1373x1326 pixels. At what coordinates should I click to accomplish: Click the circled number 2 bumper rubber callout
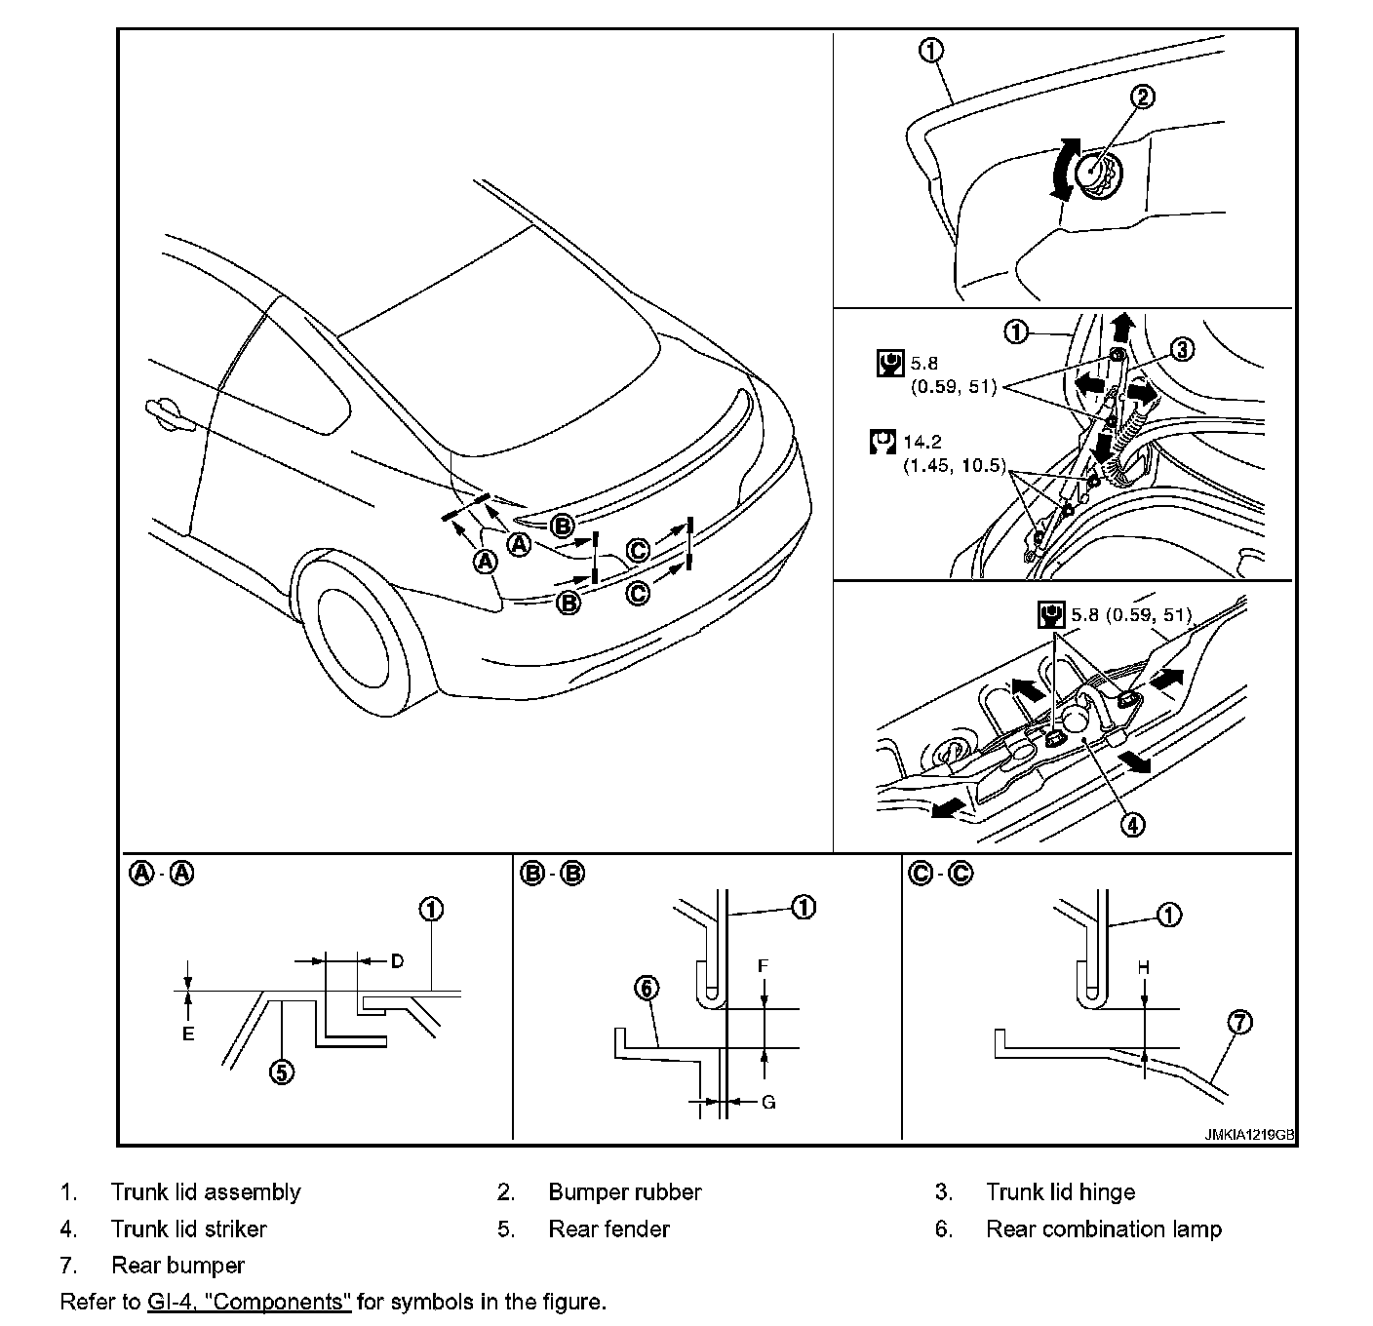point(1143,96)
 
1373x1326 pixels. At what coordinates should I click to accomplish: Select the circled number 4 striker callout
point(1131,824)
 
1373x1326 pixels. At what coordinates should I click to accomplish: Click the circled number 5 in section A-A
point(281,1072)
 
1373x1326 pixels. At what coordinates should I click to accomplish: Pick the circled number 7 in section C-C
point(1239,1023)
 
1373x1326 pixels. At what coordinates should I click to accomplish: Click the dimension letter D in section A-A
point(397,961)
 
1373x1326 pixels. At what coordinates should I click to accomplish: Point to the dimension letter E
point(188,1033)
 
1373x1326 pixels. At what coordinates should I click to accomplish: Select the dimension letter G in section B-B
point(768,1102)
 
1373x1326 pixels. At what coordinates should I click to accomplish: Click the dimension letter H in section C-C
point(1144,967)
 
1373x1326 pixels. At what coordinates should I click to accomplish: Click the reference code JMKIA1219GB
point(1249,1135)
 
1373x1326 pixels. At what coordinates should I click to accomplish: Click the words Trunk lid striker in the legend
point(188,1228)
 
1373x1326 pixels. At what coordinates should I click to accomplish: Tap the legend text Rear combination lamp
point(1103,1228)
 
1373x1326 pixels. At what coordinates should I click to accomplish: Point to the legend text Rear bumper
point(177,1266)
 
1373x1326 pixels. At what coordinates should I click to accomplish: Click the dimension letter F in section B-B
point(765,966)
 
